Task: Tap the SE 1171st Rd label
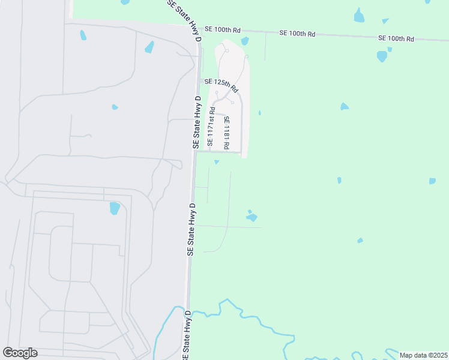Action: pos(211,127)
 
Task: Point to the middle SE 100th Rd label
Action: pos(297,34)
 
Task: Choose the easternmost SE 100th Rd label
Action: pos(396,38)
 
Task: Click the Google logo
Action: pos(20,353)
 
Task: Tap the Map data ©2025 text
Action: pos(423,355)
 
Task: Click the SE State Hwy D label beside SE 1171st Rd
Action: pos(196,122)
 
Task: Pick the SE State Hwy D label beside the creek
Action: pos(186,337)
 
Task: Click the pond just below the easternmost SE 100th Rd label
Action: pos(382,56)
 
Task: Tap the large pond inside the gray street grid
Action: pos(114,208)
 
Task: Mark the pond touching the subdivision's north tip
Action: pos(245,41)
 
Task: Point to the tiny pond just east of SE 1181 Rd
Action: pos(259,112)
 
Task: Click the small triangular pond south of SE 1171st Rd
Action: pos(217,161)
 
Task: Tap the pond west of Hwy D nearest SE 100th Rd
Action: pos(149,47)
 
